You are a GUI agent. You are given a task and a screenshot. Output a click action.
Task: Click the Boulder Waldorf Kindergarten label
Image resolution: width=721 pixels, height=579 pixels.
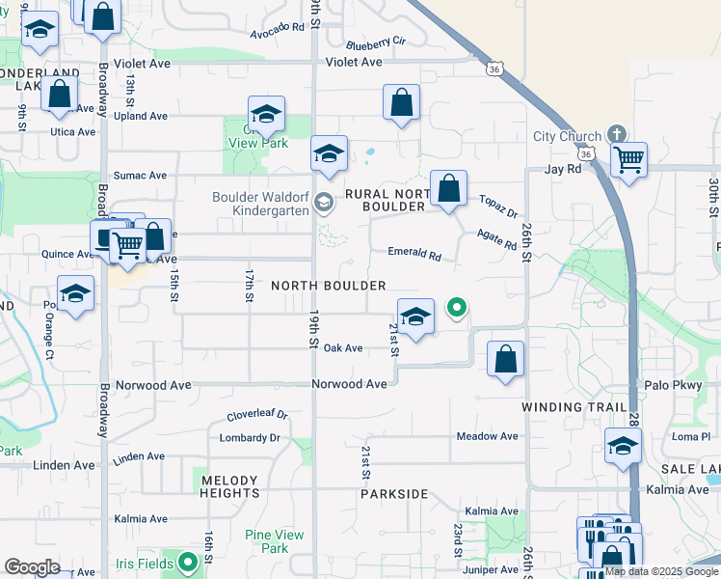pos(260,204)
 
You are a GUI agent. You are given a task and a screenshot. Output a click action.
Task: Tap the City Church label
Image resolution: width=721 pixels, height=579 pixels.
pos(567,136)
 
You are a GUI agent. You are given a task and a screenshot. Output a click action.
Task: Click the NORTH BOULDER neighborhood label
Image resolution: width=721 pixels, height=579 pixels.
pos(329,286)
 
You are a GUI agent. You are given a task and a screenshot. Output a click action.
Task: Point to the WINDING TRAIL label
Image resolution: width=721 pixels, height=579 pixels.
pos(574,407)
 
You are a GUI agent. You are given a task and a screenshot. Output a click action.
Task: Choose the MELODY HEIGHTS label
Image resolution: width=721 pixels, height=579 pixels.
pos(229,486)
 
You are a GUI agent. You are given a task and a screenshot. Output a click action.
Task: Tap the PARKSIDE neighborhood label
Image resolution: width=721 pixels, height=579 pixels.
pos(394,494)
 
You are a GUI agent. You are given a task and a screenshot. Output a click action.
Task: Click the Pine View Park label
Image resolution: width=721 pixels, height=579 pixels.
pos(267,541)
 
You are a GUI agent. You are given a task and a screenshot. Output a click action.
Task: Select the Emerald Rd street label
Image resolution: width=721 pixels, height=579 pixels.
pos(414,255)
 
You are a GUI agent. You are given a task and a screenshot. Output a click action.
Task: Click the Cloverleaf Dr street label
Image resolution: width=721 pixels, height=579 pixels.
pos(257,416)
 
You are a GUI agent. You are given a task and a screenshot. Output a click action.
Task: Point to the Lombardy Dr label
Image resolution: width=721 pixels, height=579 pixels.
pos(249,437)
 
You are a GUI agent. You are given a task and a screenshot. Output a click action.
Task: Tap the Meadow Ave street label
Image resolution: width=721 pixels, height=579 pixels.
pos(488,436)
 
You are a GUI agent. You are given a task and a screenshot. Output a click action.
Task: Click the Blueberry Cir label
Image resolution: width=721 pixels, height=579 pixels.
pos(376,42)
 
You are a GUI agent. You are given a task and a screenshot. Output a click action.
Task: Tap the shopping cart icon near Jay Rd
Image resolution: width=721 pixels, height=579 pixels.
pos(628,159)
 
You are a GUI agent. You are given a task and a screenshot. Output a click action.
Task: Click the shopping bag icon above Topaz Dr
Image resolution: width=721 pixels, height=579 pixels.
pos(449,188)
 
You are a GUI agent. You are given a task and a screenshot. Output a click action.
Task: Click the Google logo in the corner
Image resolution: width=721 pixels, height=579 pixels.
pos(32,567)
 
